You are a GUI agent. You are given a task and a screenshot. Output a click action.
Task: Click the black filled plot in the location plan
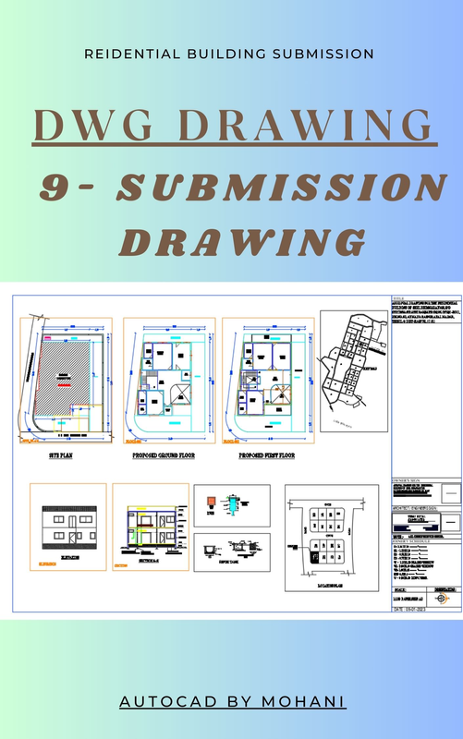coord(314,557)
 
